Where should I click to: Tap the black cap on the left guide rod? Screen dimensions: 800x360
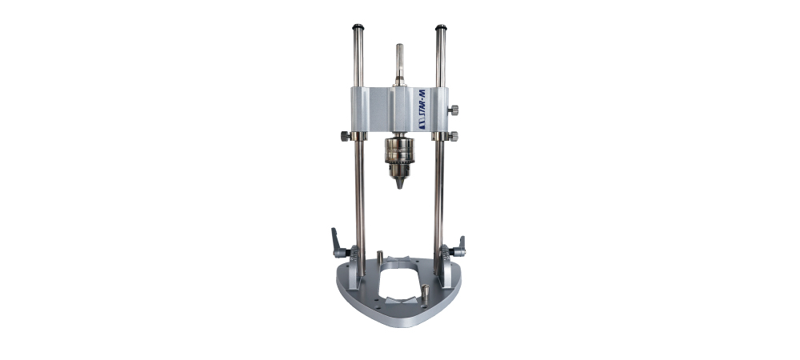coord(358,27)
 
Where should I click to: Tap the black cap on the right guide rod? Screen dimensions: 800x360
coord(441,27)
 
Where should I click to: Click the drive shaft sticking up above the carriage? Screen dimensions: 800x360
coord(399,65)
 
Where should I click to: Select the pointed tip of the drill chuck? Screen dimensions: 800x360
coord(399,184)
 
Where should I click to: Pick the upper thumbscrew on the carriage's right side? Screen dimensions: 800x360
coord(453,110)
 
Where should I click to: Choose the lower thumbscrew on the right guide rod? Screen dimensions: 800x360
coord(453,136)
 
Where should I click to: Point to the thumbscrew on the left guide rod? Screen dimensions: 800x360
coord(346,136)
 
